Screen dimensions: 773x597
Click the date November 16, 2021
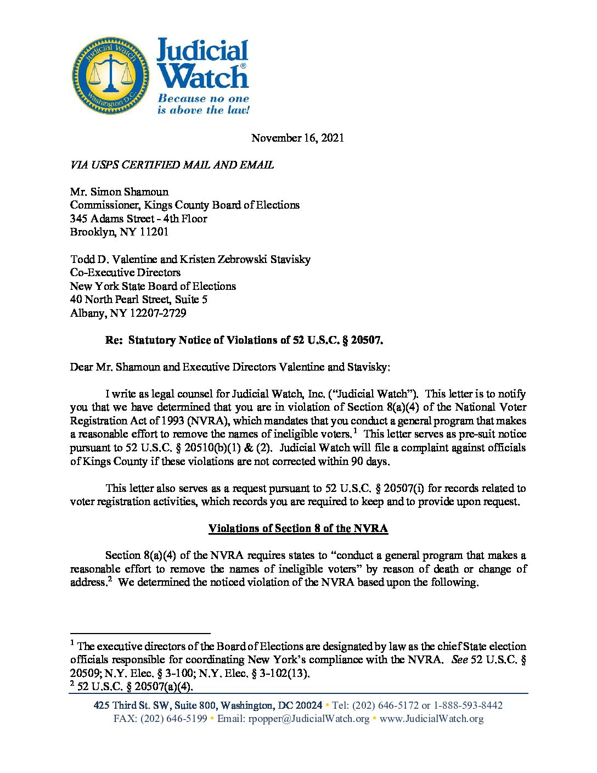click(297, 138)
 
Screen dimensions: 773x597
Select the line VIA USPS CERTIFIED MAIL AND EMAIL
click(172, 165)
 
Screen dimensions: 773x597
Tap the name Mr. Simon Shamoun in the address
click(119, 192)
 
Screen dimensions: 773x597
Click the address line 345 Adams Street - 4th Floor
click(138, 219)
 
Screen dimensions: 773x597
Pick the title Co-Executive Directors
click(125, 272)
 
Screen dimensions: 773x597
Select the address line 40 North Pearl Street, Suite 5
click(138, 299)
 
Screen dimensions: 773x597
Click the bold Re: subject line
click(244, 340)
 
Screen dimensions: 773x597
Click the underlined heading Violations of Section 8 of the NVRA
click(298, 528)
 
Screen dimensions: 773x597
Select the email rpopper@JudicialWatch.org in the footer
click(309, 719)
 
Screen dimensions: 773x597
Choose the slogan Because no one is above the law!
click(203, 104)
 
